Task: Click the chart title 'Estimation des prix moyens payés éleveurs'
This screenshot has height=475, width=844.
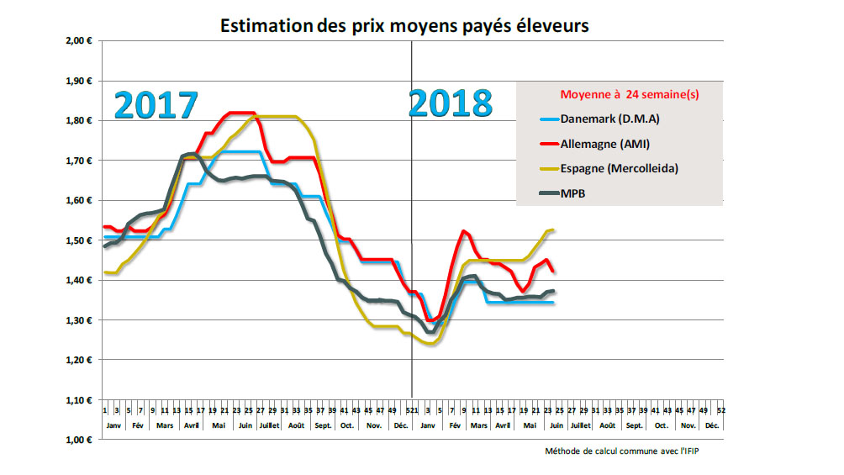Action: (404, 26)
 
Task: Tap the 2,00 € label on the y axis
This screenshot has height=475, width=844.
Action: (81, 40)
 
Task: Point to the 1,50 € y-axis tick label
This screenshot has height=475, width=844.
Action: (81, 240)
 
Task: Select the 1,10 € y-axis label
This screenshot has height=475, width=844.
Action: (81, 400)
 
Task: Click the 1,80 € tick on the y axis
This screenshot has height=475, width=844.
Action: (81, 120)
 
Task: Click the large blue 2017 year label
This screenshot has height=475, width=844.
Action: (156, 105)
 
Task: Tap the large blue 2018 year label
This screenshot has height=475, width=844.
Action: (450, 103)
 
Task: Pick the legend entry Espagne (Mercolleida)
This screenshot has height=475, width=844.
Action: (620, 168)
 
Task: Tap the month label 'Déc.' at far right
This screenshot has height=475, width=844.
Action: (713, 426)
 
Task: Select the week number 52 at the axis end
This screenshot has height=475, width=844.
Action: (720, 410)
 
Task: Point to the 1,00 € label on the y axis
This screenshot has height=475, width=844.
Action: (81, 440)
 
